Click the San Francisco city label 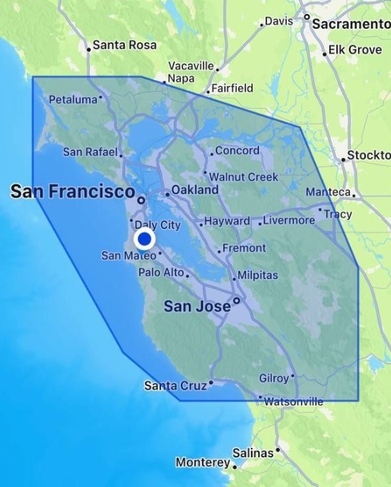(x=72, y=192)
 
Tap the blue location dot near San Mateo (x=145, y=239)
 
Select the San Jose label (x=197, y=306)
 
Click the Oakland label (x=195, y=190)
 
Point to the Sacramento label (x=351, y=24)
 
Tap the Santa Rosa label (x=125, y=45)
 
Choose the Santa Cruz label (x=175, y=385)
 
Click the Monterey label (x=203, y=463)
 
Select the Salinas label (x=253, y=453)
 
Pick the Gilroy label (x=274, y=379)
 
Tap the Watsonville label (x=294, y=401)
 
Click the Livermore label (x=288, y=220)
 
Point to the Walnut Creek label (x=243, y=177)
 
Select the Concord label (x=237, y=151)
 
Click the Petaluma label (x=73, y=99)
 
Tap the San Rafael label (x=90, y=152)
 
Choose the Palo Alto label (x=161, y=272)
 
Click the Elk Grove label (x=355, y=49)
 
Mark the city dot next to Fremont (x=219, y=251)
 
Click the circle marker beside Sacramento (x=307, y=16)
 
